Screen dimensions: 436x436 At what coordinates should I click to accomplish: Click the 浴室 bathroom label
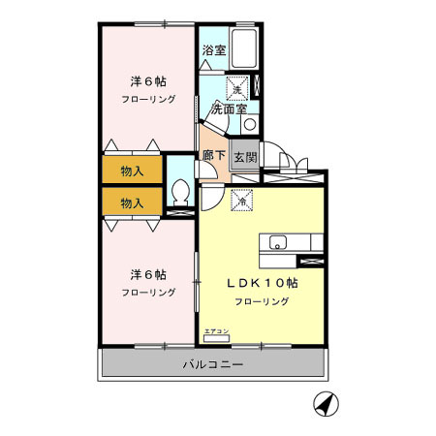pyautogui.click(x=214, y=50)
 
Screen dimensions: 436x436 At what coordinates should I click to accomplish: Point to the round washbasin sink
pyautogui.click(x=250, y=124)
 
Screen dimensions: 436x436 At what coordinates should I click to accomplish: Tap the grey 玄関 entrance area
pyautogui.click(x=244, y=155)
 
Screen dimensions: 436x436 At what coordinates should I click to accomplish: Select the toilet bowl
pyautogui.click(x=181, y=192)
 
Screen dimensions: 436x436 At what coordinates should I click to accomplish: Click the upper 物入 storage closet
pyautogui.click(x=133, y=171)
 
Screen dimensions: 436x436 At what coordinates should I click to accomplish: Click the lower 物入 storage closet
pyautogui.click(x=133, y=202)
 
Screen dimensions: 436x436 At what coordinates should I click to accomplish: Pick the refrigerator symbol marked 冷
pyautogui.click(x=241, y=202)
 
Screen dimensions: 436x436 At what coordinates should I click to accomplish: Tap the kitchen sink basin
pyautogui.click(x=277, y=242)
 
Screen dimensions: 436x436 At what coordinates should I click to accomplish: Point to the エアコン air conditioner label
pyautogui.click(x=216, y=331)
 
